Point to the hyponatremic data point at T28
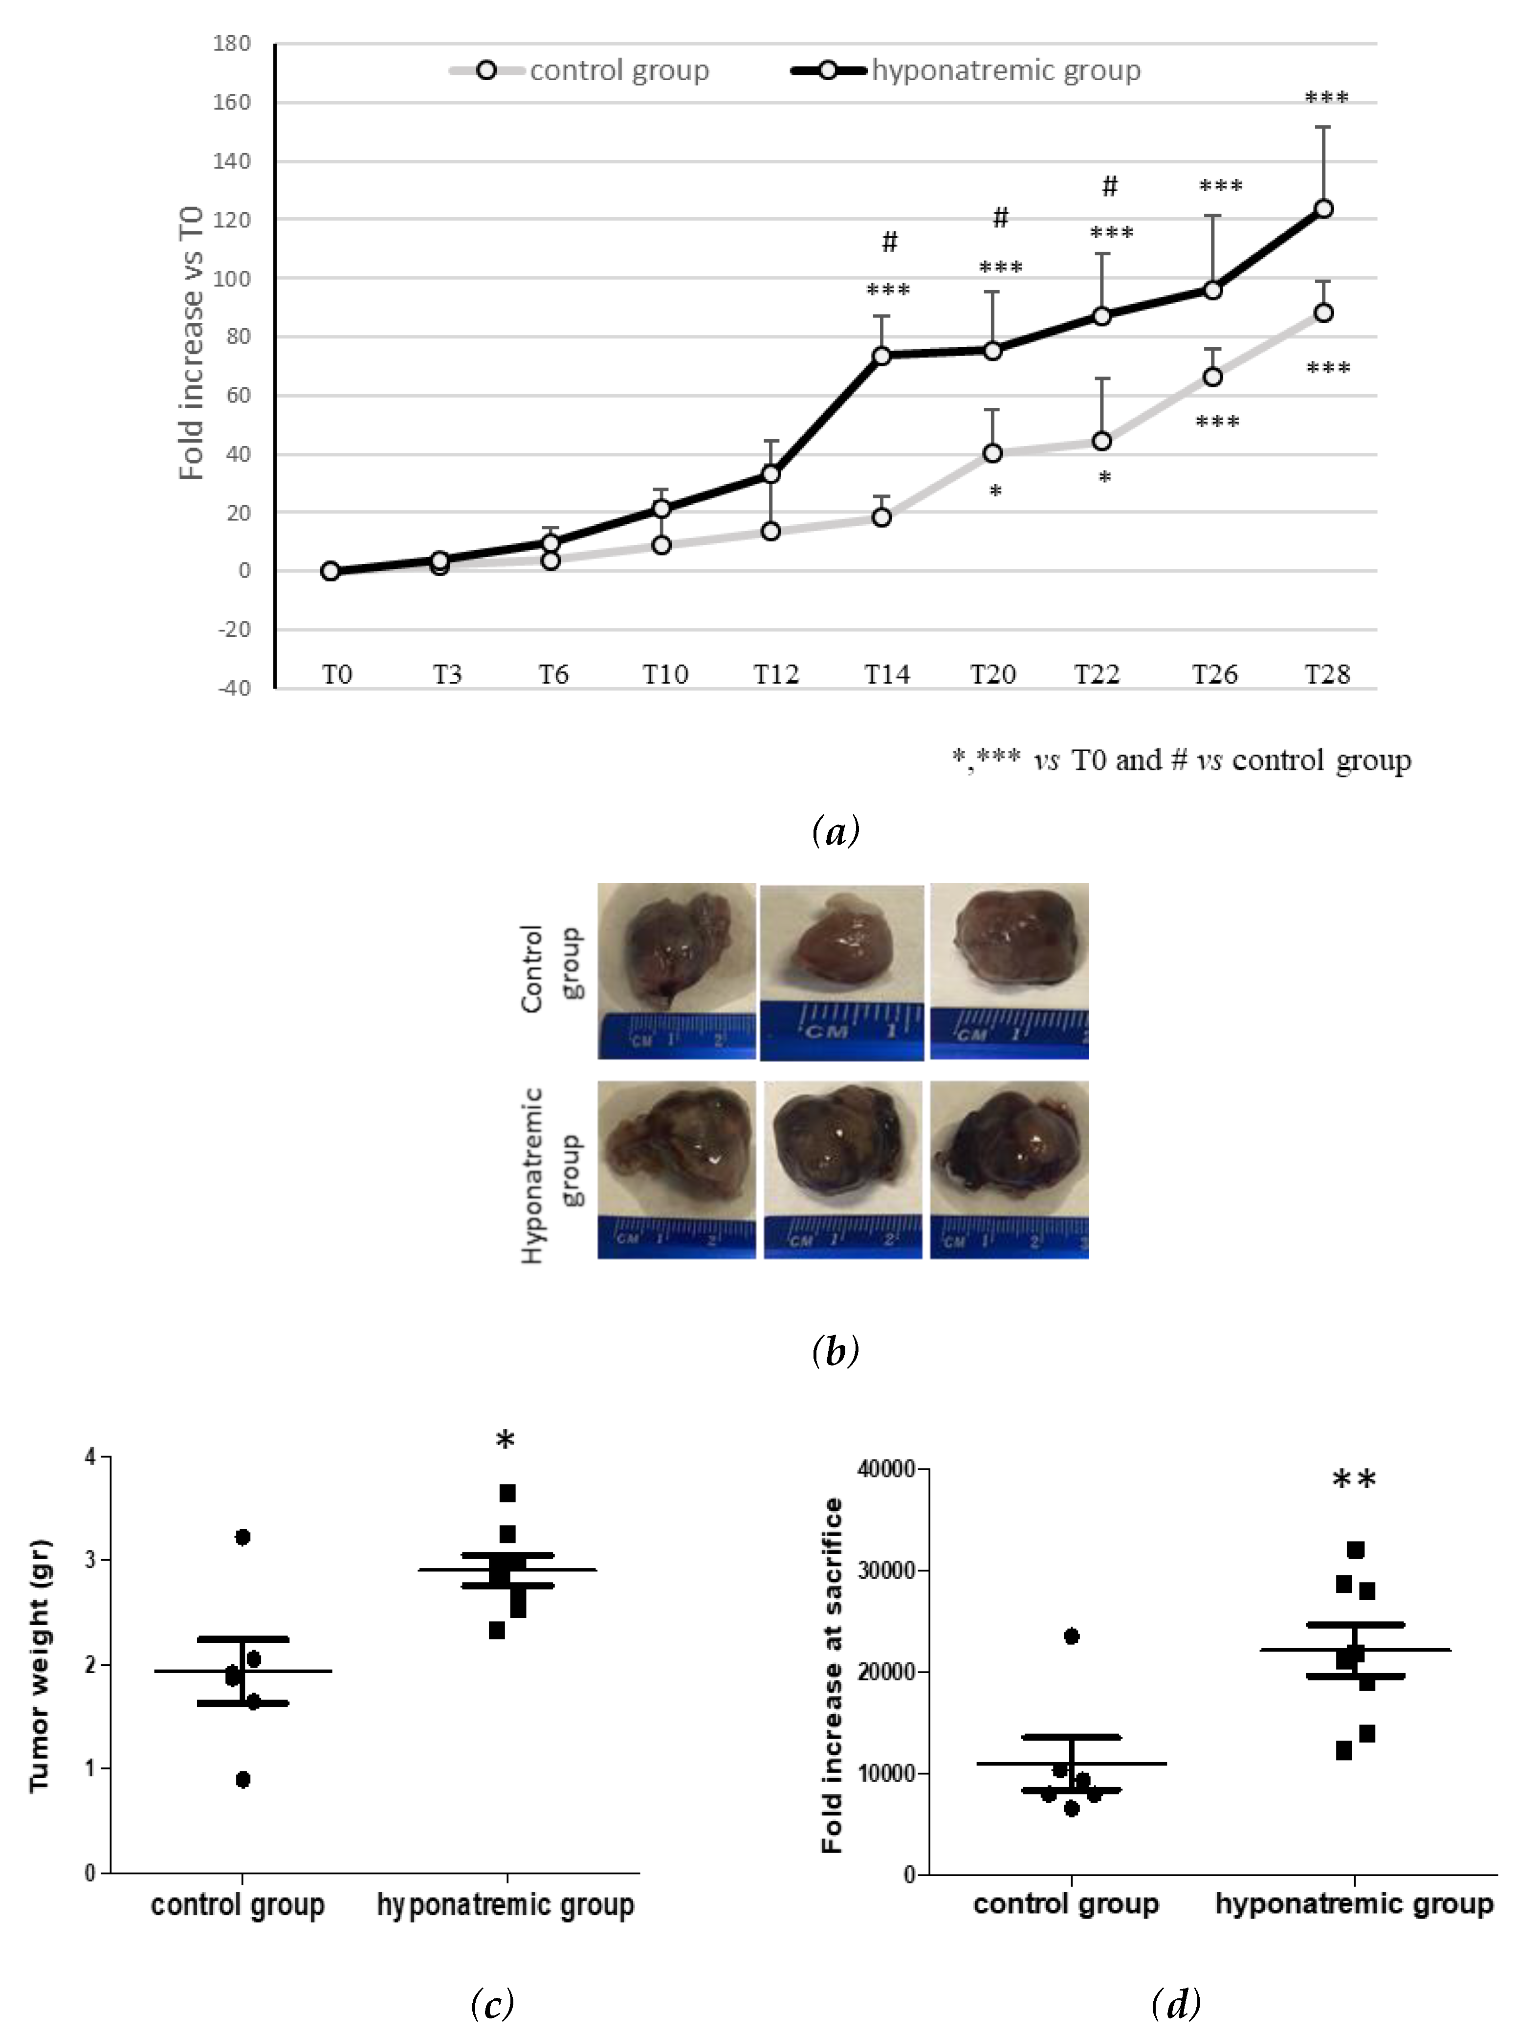(1323, 208)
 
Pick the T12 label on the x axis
(776, 675)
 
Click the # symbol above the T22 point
(1109, 186)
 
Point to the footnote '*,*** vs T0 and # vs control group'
(1181, 761)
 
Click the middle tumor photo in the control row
(842, 972)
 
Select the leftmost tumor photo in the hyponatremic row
(677, 1169)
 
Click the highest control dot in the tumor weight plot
(242, 1536)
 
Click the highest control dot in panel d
(1071, 1635)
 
